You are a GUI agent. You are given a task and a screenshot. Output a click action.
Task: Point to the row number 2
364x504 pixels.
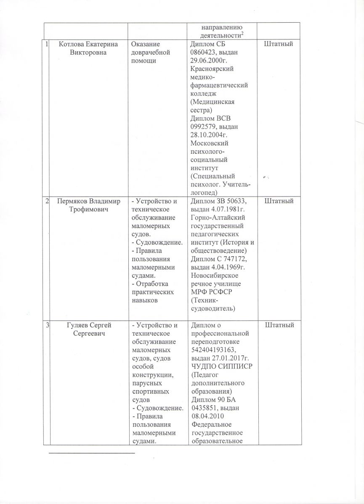(x=47, y=202)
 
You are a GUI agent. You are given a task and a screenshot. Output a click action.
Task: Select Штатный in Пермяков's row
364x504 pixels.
(x=278, y=202)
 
